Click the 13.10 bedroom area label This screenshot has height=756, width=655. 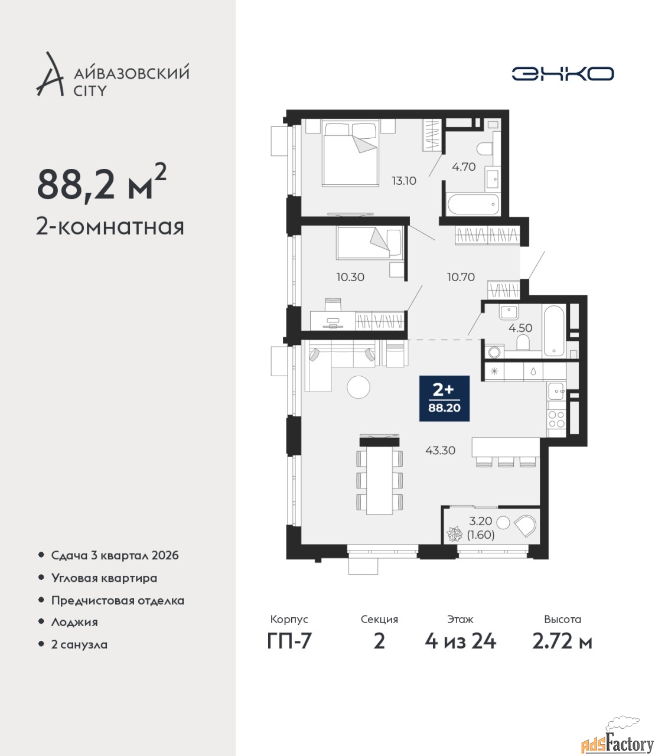pos(404,181)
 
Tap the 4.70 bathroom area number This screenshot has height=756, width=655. pos(464,167)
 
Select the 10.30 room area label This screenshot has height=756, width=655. pos(350,277)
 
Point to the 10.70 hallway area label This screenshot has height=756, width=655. pos(461,277)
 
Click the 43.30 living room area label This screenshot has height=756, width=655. pos(441,450)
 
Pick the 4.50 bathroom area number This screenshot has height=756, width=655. pos(520,328)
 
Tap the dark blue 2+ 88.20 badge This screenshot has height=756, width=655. pos(444,398)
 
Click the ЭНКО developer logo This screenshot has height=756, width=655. pos(562,73)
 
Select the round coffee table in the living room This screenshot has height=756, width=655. pos(359,387)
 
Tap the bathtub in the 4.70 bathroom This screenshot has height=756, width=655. pos(474,204)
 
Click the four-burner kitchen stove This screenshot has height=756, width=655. pos(556,419)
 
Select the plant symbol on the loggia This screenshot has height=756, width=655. pos(455,535)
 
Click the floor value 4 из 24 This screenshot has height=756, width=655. pos(460,641)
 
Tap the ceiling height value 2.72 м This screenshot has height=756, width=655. pos(562,641)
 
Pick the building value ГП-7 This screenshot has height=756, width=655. pos(289,641)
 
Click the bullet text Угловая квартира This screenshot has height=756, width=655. pos(104,578)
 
